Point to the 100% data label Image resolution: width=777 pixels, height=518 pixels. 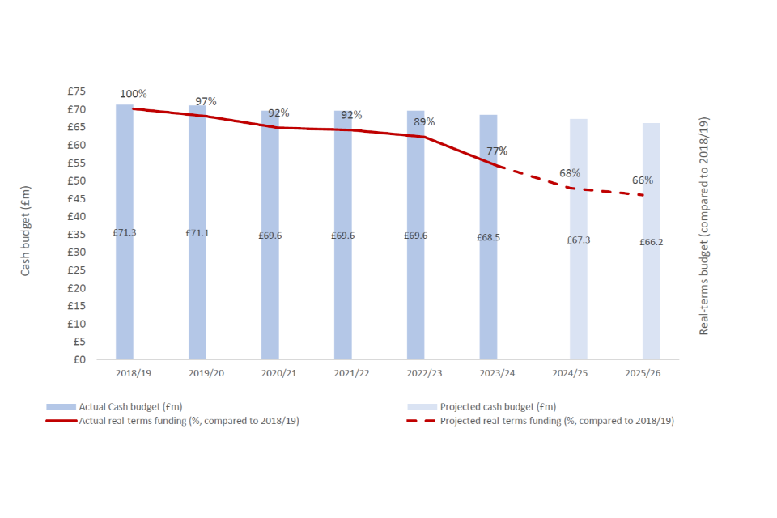click(x=134, y=94)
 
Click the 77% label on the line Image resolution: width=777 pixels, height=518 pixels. click(x=498, y=151)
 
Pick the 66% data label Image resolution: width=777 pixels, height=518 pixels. click(x=643, y=180)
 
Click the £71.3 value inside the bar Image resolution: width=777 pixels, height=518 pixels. click(x=125, y=232)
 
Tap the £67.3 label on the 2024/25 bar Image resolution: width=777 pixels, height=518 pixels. click(x=579, y=240)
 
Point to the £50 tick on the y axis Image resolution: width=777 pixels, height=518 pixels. click(x=77, y=181)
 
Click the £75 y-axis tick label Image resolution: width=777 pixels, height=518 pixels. click(x=77, y=91)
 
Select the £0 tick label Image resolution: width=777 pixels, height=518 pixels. click(x=79, y=359)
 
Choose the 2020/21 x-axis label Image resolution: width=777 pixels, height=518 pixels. click(x=278, y=373)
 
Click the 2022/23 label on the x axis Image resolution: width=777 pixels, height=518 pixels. click(x=424, y=373)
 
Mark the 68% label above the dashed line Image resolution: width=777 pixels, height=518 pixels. click(x=570, y=173)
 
